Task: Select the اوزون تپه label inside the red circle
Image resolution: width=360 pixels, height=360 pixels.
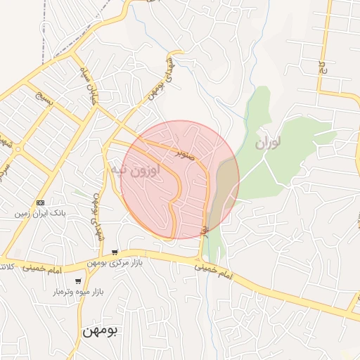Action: click(135, 169)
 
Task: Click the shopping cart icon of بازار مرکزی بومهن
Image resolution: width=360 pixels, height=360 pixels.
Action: click(115, 253)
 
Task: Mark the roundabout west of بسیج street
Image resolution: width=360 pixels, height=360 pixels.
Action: click(17, 149)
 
